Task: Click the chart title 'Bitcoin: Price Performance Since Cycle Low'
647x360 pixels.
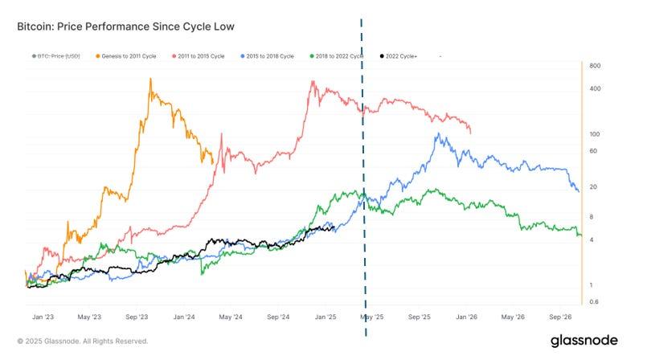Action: click(125, 27)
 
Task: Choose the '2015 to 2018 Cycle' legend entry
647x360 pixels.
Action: click(272, 56)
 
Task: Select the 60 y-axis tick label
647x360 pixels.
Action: click(592, 151)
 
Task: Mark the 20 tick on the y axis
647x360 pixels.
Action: click(592, 187)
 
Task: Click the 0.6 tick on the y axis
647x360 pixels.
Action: click(593, 302)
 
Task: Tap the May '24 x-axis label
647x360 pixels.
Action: click(231, 317)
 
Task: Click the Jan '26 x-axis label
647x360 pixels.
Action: click(468, 317)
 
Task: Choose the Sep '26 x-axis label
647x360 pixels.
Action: click(562, 317)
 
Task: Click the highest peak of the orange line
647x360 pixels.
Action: click(152, 79)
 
